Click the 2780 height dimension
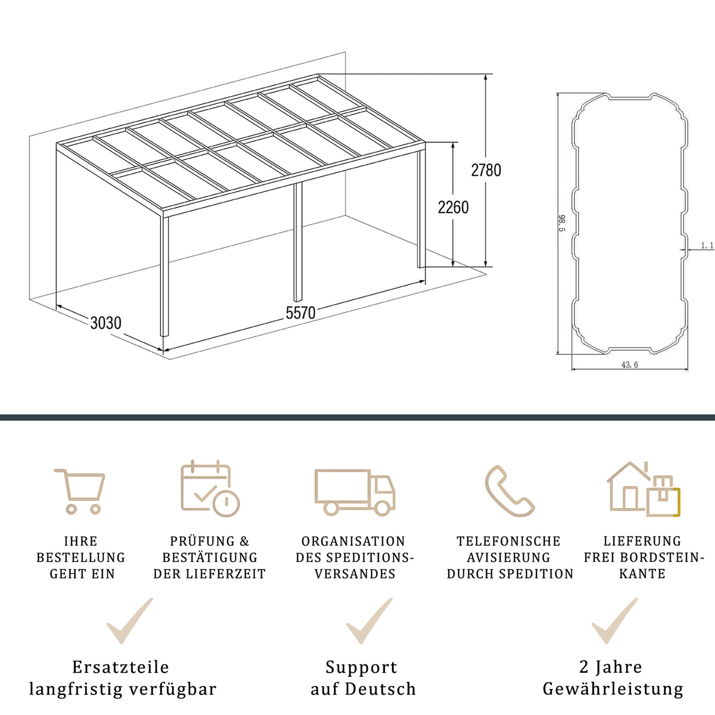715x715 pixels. tap(486, 170)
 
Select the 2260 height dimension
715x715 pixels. tap(453, 207)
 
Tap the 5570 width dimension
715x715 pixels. tap(300, 313)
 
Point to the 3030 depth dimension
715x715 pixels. tap(105, 323)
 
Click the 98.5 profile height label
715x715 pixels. tap(562, 223)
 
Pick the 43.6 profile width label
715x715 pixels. tap(629, 365)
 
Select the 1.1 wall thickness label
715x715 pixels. tap(707, 245)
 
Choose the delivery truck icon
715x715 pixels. tap(355, 492)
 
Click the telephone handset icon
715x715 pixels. tap(509, 491)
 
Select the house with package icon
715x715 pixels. tap(643, 489)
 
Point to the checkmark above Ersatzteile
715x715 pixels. tap(130, 621)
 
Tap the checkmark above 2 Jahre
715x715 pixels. tap(615, 621)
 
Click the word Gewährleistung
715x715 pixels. tap(613, 689)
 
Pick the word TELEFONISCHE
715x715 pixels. tap(508, 541)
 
